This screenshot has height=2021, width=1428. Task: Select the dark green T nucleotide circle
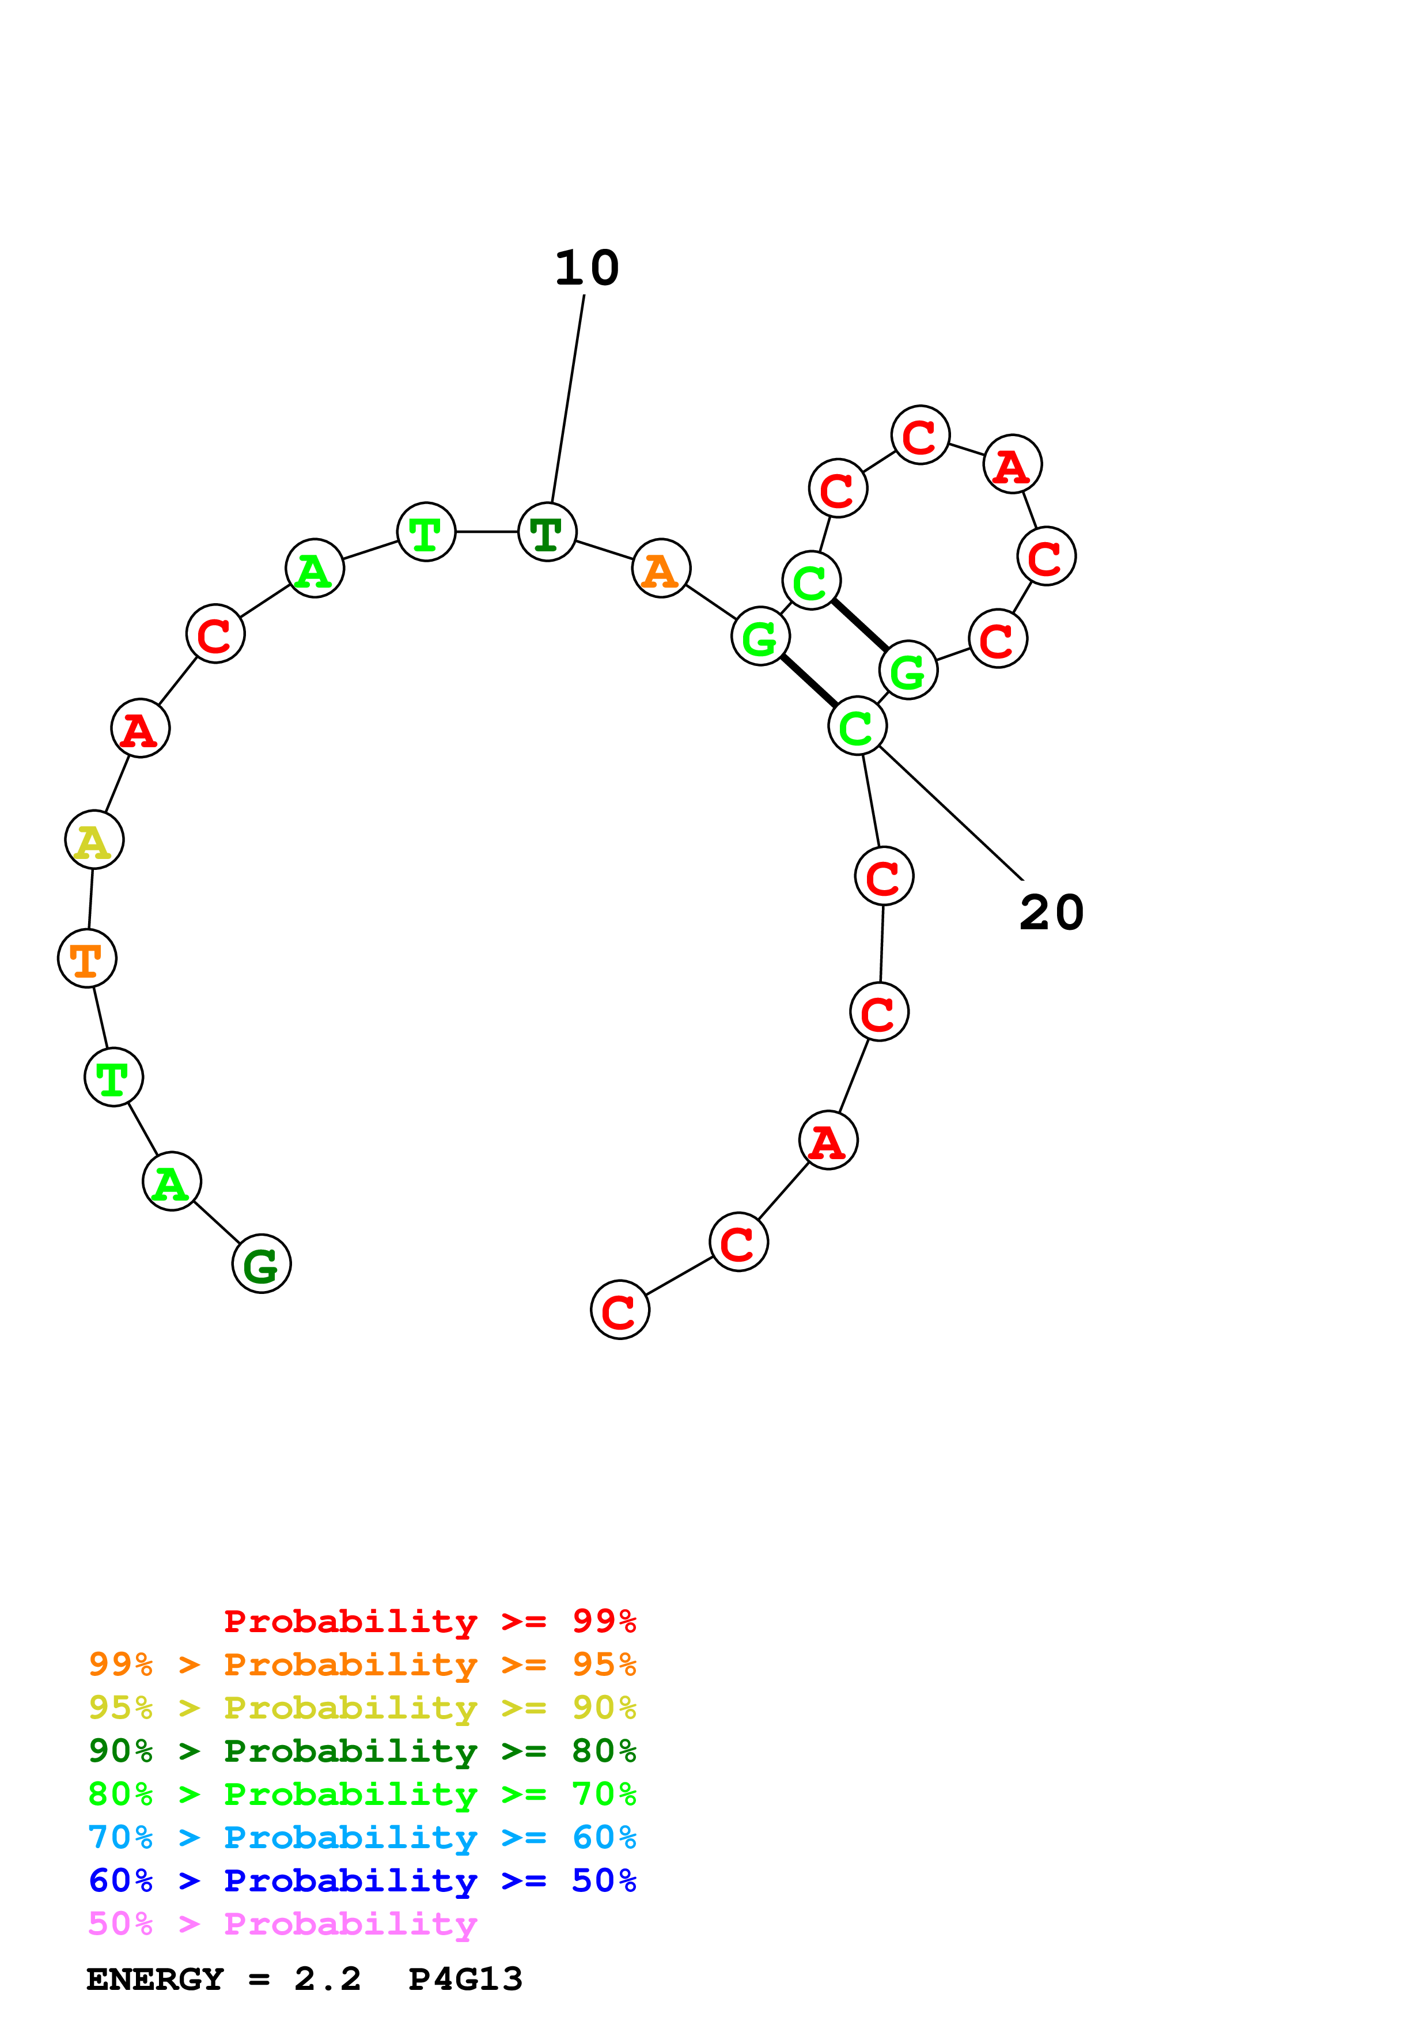tap(547, 532)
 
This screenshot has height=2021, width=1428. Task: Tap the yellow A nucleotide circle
tap(94, 840)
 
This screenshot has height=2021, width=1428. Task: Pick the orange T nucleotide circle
tap(87, 959)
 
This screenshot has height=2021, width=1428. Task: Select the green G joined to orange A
tap(760, 635)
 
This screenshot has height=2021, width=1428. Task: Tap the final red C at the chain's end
tap(620, 1310)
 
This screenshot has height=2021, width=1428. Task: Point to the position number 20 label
tap(1051, 912)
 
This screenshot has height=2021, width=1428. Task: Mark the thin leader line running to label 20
tap(951, 812)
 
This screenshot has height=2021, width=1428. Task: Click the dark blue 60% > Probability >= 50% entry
tap(362, 1880)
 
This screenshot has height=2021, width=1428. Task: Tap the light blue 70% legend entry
tap(362, 1837)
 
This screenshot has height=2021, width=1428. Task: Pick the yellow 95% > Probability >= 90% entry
tap(362, 1707)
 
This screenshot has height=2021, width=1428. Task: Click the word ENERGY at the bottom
tap(155, 1979)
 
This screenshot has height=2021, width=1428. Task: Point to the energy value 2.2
tap(327, 1979)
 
